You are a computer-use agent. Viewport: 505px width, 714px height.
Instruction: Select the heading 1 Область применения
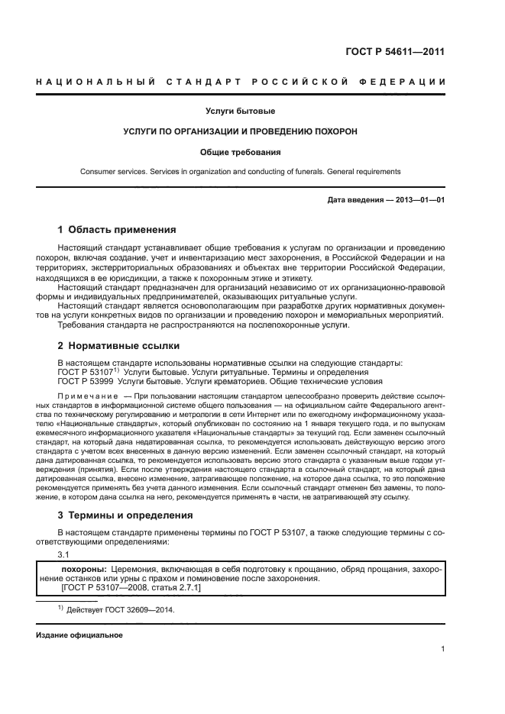point(117,229)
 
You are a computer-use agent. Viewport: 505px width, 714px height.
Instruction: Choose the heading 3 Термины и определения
point(125,515)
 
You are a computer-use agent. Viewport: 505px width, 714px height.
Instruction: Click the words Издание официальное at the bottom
point(79,635)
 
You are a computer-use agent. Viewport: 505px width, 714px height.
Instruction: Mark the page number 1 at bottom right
point(442,649)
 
